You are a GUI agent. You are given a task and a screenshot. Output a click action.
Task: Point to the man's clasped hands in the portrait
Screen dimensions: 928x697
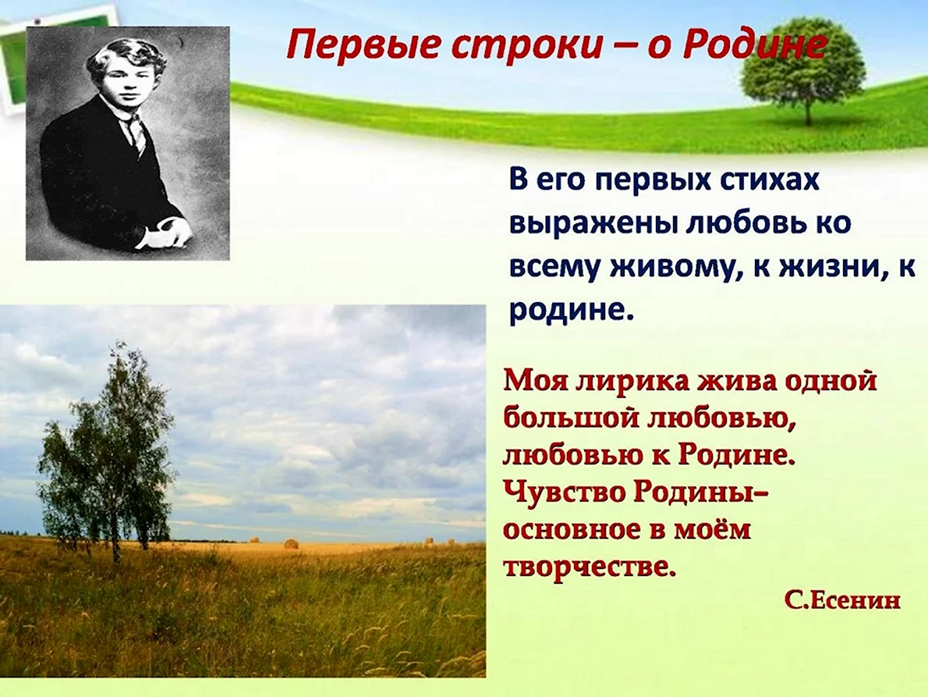click(x=165, y=232)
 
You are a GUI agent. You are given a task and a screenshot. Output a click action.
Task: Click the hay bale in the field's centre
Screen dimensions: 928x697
click(x=291, y=543)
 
